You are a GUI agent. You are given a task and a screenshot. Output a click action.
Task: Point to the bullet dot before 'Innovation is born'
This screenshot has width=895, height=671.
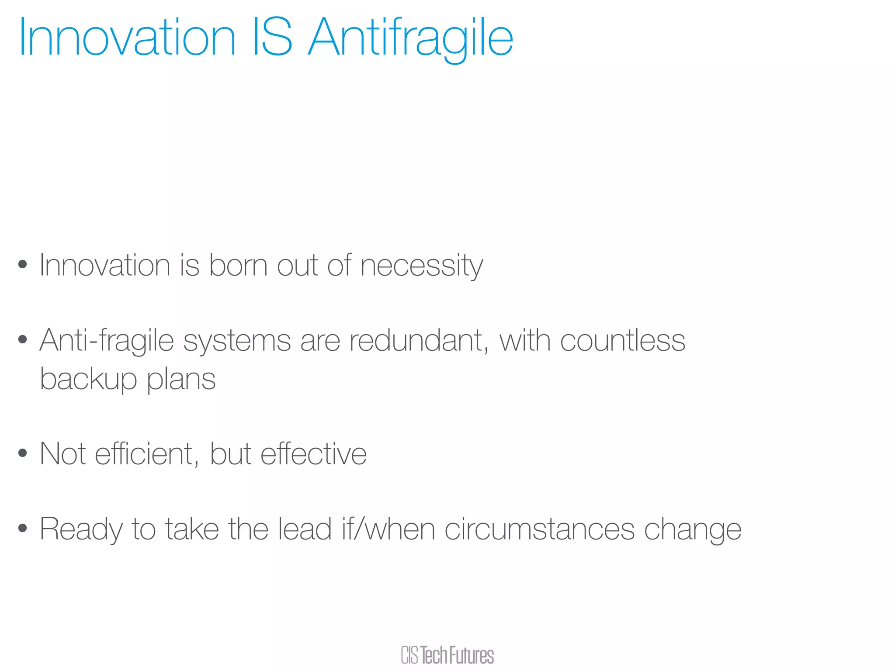tap(23, 265)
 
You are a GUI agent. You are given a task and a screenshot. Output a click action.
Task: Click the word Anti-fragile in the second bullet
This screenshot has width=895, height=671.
tap(107, 341)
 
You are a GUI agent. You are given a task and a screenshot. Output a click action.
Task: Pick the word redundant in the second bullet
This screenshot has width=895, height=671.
tap(419, 340)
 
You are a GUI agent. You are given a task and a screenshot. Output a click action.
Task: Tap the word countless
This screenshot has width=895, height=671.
tap(622, 340)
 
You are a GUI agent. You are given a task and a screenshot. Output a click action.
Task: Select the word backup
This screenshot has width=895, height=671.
tap(88, 379)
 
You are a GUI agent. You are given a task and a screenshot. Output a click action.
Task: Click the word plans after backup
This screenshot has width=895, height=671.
tap(181, 379)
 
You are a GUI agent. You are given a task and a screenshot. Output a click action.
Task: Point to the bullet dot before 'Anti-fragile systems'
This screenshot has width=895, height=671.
tap(23, 339)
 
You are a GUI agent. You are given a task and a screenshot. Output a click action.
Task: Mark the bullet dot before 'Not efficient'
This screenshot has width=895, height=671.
tap(23, 453)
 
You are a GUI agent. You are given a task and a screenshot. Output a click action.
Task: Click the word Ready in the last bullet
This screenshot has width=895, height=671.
tap(81, 529)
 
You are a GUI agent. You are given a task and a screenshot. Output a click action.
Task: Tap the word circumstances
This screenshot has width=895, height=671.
tap(539, 529)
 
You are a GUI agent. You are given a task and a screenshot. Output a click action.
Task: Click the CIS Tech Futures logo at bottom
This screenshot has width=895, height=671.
tap(447, 655)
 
